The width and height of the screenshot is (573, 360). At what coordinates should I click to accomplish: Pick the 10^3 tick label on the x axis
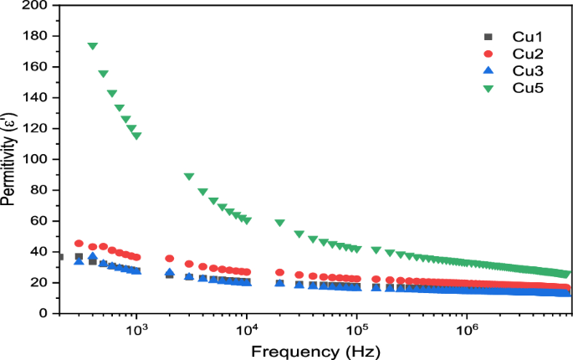(136, 330)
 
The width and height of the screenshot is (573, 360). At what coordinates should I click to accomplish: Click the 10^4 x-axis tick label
(246, 330)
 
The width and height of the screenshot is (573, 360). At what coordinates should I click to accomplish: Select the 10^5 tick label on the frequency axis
(356, 330)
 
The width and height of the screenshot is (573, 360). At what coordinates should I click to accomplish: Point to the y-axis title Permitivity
(10, 159)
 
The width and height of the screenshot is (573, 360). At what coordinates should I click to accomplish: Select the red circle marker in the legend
(489, 54)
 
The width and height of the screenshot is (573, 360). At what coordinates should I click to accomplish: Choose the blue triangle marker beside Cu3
(489, 70)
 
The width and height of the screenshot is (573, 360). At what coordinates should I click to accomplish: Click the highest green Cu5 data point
(92, 46)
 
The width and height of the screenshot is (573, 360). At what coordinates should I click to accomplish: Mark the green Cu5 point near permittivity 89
(189, 177)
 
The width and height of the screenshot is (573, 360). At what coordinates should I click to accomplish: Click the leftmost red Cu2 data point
(79, 244)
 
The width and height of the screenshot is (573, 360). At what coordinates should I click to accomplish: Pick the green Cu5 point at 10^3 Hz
(136, 136)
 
